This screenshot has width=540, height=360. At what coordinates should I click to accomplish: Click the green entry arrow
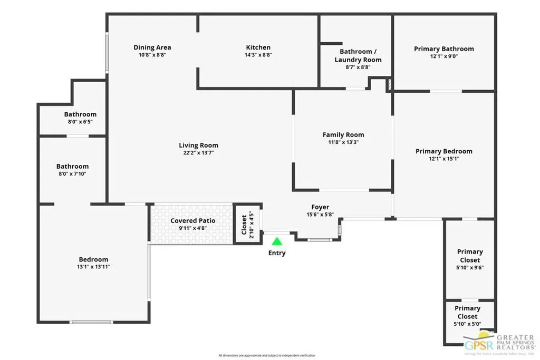(277, 241)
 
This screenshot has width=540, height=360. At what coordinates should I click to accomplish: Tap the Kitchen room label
(258, 47)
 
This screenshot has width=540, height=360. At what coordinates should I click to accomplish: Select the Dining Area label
(152, 47)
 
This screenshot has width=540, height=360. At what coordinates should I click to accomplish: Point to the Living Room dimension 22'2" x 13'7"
(198, 153)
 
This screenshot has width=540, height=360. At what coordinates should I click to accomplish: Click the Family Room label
(343, 135)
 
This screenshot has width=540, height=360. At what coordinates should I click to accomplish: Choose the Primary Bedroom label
(443, 151)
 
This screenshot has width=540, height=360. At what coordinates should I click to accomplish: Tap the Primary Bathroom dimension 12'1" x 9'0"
(443, 56)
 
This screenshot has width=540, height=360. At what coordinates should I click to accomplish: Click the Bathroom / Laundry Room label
(358, 55)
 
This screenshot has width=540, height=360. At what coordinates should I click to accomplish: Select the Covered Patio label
(192, 221)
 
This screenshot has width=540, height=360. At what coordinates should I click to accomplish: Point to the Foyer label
(320, 207)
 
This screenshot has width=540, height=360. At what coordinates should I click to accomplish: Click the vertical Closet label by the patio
(244, 224)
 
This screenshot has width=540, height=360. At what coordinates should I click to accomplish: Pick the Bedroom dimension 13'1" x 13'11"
(93, 267)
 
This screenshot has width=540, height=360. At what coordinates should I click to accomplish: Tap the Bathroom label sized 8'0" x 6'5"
(80, 114)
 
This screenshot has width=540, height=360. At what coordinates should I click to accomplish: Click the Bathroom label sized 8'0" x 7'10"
(72, 167)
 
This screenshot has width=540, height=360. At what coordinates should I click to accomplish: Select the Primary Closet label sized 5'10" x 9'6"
(469, 256)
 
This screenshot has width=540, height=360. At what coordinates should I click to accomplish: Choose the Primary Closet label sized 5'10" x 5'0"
(467, 312)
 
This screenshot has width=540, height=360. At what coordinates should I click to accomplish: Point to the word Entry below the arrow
(277, 253)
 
